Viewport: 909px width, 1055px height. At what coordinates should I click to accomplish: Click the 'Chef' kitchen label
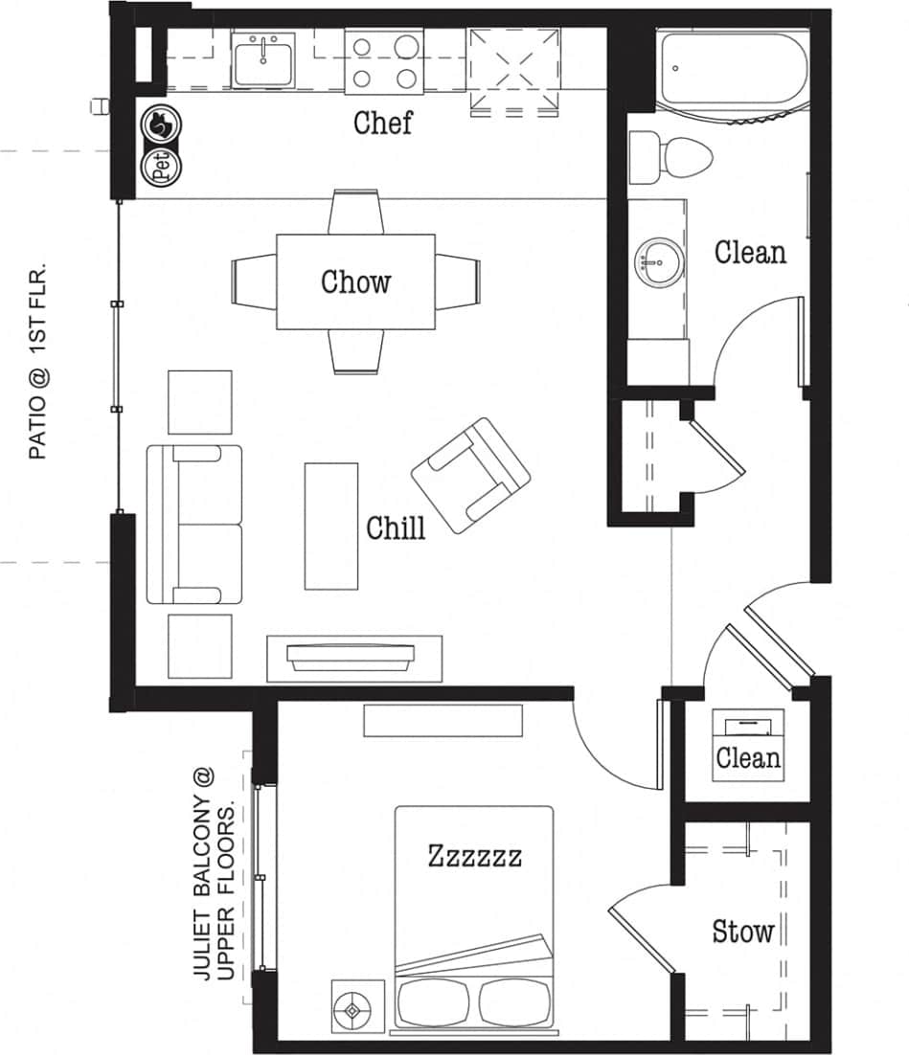(x=382, y=123)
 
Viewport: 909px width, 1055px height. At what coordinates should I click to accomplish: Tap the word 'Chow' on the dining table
(x=355, y=282)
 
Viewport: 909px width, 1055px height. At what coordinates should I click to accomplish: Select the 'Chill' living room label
(x=396, y=527)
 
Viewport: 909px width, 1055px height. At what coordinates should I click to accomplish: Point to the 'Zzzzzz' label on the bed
(x=475, y=855)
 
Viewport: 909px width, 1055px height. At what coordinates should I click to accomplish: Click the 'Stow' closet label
(x=742, y=932)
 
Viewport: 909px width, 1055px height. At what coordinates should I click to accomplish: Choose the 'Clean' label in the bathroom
(x=750, y=253)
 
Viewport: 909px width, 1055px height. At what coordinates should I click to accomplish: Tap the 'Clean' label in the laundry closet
(x=748, y=759)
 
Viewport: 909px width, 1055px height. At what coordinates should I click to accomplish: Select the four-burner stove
(x=385, y=61)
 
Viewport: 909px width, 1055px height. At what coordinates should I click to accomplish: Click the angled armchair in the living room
(x=471, y=476)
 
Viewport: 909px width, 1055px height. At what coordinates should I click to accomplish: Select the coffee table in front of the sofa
(x=330, y=526)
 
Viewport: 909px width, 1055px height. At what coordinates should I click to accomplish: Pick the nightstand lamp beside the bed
(x=354, y=1007)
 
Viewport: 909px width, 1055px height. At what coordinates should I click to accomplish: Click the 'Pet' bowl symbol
(x=160, y=168)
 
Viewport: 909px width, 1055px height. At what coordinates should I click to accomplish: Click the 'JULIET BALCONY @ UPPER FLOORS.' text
(x=215, y=874)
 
